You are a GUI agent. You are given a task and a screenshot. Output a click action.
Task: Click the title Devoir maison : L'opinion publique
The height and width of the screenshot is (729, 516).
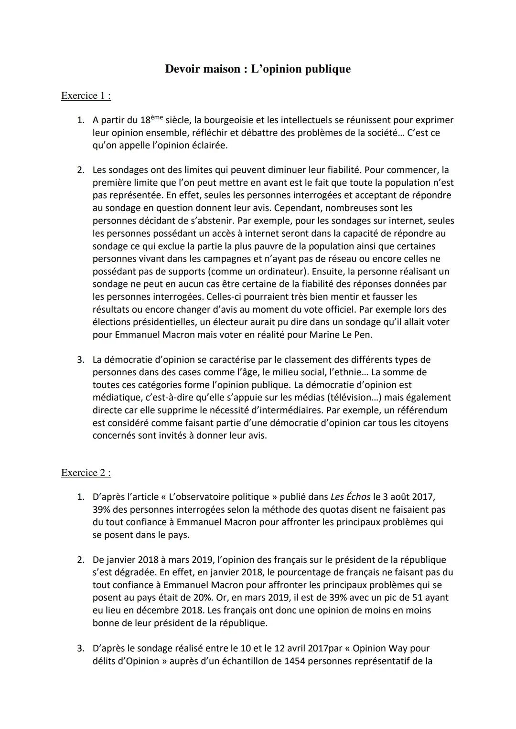[258, 69]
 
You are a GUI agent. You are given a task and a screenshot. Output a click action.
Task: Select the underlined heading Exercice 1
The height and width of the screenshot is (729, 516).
[86, 95]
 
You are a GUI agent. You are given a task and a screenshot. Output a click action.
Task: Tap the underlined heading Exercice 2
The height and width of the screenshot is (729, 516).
[86, 473]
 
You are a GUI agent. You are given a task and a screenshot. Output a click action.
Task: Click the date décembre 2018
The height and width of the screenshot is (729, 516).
[150, 610]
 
